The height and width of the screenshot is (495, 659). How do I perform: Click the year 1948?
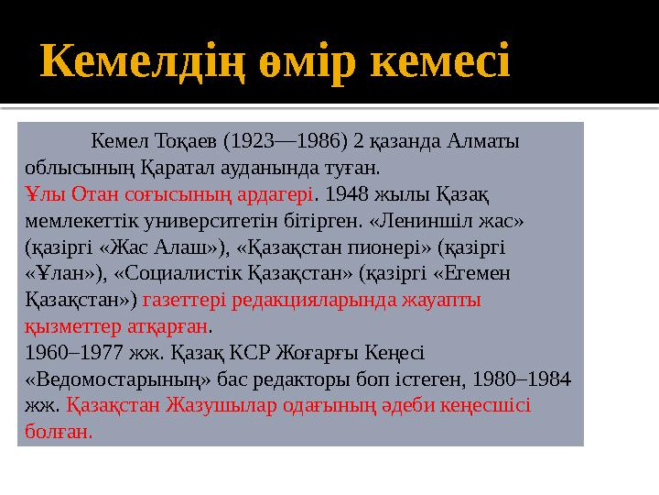pyautogui.click(x=344, y=195)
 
